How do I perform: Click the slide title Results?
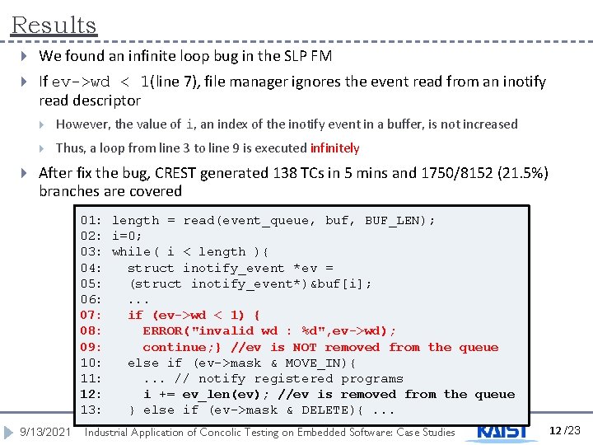[54, 26]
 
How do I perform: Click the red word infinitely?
[334, 148]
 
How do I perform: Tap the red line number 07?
[91, 315]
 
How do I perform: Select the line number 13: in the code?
[91, 410]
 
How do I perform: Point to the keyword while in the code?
[130, 251]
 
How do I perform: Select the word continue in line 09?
[174, 347]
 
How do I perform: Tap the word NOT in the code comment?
[304, 347]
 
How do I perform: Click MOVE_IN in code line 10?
[316, 363]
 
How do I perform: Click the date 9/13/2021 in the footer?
[45, 432]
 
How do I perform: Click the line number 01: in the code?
[91, 220]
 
